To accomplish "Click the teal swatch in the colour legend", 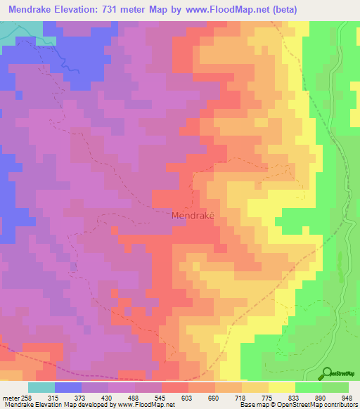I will (x=41, y=387).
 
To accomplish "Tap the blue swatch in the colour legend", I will (x=68, y=387).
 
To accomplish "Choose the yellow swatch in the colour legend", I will (x=282, y=387).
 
